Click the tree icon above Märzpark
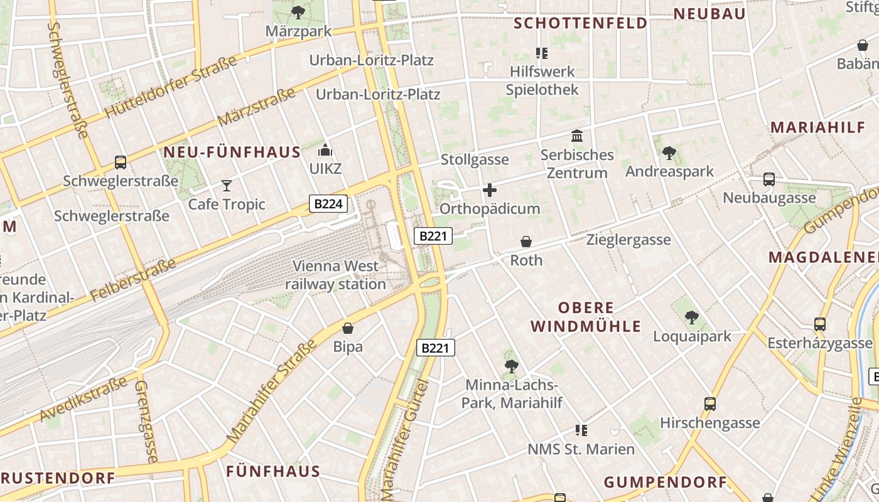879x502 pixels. click(x=298, y=12)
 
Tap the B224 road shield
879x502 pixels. click(x=328, y=203)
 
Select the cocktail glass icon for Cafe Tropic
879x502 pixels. click(x=227, y=185)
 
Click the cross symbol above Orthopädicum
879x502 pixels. click(x=490, y=190)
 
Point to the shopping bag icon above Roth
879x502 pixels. click(x=526, y=242)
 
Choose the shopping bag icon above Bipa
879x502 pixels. click(x=348, y=328)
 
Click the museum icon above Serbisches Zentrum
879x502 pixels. click(x=577, y=136)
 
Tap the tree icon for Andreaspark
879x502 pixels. click(x=669, y=152)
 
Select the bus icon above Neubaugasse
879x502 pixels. click(x=769, y=179)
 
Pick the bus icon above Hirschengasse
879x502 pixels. click(x=710, y=404)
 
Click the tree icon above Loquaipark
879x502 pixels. click(x=692, y=318)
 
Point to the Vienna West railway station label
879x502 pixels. click(x=336, y=275)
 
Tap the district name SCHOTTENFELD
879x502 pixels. click(x=580, y=23)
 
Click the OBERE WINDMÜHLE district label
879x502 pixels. click(x=586, y=317)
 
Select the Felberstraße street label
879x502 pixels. click(x=133, y=280)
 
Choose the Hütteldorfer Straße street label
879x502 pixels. click(x=171, y=87)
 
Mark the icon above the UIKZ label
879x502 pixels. click(x=325, y=150)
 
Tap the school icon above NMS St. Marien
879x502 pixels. click(x=581, y=430)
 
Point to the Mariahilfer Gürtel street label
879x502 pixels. click(x=405, y=439)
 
